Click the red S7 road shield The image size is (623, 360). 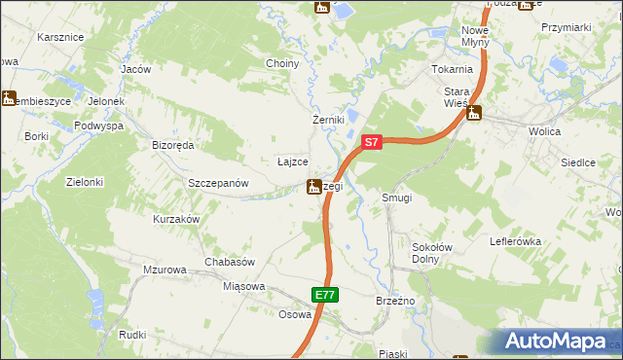point(370,142)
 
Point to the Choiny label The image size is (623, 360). point(282,63)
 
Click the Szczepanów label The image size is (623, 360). point(219,183)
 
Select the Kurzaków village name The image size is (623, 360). point(176,219)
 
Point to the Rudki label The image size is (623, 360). point(132,334)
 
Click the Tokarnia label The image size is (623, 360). point(452,69)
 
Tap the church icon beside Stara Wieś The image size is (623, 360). point(474,113)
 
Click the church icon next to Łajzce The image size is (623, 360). point(314,186)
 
